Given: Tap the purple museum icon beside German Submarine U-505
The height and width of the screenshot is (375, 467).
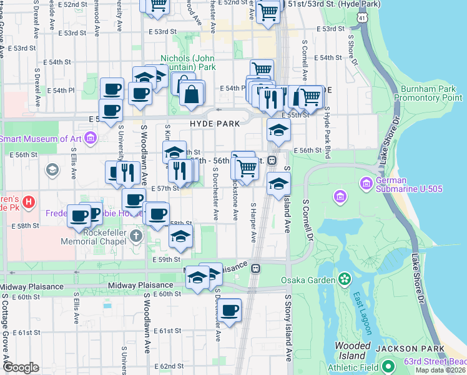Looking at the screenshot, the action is tap(340, 197).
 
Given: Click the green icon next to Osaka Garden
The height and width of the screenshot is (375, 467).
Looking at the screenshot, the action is tap(343, 278).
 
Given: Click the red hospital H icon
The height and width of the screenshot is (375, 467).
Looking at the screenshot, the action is tap(28, 202).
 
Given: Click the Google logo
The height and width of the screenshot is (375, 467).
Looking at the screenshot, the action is tap(20, 368).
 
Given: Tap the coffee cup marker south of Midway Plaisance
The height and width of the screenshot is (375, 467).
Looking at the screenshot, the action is tap(229, 309).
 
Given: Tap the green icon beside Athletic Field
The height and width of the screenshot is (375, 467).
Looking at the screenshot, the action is tap(388, 366).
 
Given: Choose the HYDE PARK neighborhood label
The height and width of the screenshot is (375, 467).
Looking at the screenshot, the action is tap(215, 124).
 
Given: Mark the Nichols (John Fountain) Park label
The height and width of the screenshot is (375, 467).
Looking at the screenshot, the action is tap(188, 62).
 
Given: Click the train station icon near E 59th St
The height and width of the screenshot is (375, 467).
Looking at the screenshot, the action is tap(256, 268).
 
